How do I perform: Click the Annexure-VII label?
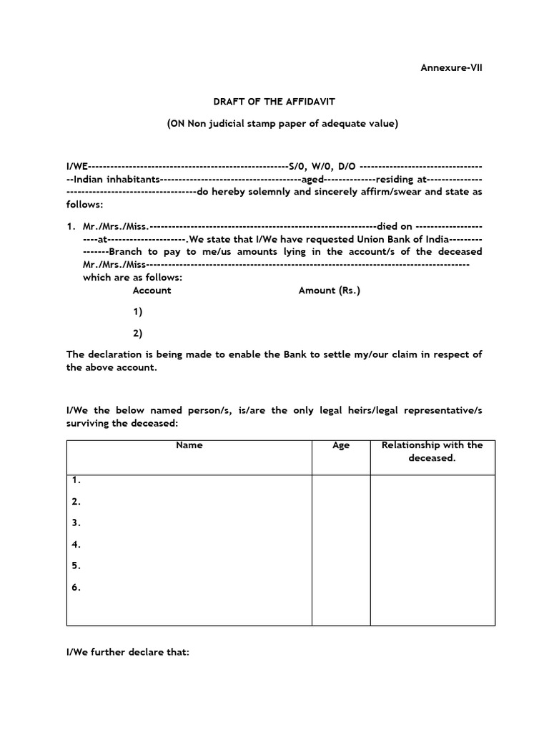(x=450, y=68)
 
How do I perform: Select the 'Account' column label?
(x=152, y=290)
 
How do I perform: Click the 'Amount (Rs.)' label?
(x=330, y=290)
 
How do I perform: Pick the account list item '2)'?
(x=137, y=333)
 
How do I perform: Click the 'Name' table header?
(x=189, y=445)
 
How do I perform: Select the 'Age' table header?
(x=341, y=445)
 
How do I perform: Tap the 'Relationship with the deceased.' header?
(x=432, y=451)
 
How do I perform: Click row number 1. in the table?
(x=76, y=480)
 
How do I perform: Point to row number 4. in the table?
(x=76, y=544)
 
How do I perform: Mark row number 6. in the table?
(x=76, y=588)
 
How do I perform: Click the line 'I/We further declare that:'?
(x=127, y=652)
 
